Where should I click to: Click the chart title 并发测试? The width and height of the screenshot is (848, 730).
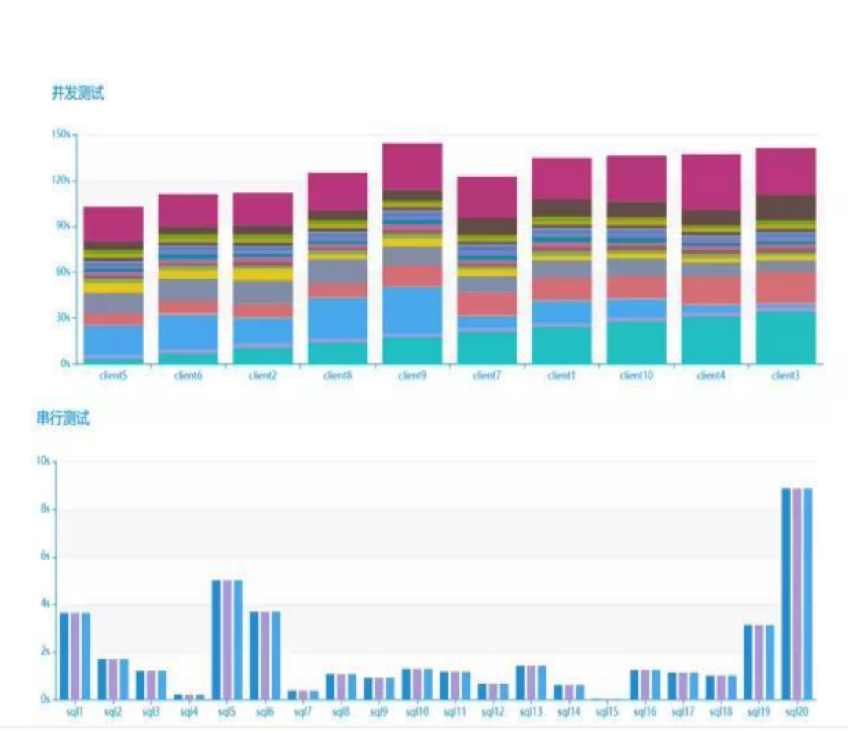pos(78,93)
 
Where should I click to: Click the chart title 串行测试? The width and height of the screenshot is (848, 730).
pos(63,418)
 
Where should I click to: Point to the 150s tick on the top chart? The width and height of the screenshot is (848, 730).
pos(60,135)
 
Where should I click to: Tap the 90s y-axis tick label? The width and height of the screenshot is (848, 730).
pos(61,226)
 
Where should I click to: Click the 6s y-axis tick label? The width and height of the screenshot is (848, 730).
pos(45,557)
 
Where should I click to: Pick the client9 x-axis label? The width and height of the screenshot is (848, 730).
pos(412,375)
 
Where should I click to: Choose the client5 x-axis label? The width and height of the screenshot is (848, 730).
pos(114,375)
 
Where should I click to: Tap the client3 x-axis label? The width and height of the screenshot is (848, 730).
pos(785,375)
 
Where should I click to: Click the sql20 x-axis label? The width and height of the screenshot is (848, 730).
pos(797,712)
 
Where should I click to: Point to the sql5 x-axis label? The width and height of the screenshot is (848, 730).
pos(227,712)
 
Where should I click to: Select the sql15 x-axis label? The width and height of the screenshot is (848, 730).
pos(605,712)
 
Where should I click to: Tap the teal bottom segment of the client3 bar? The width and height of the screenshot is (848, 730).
pos(785,338)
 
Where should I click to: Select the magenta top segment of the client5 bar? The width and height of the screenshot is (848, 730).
pos(114,224)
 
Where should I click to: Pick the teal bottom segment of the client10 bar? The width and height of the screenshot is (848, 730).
pos(636,342)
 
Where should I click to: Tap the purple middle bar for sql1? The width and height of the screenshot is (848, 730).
pos(75,655)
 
